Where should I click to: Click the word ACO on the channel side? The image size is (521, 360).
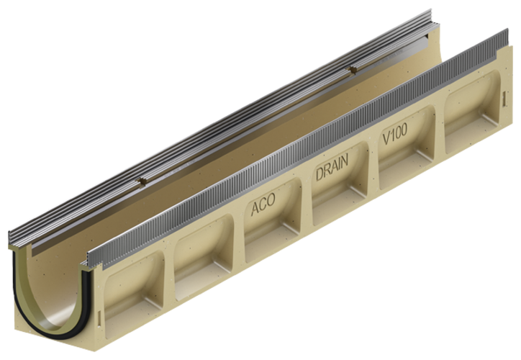click(263, 208)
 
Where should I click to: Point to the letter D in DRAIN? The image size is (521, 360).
click(319, 179)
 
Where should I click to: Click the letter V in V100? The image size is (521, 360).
click(386, 142)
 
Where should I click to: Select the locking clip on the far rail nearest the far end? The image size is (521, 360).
click(353, 71)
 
